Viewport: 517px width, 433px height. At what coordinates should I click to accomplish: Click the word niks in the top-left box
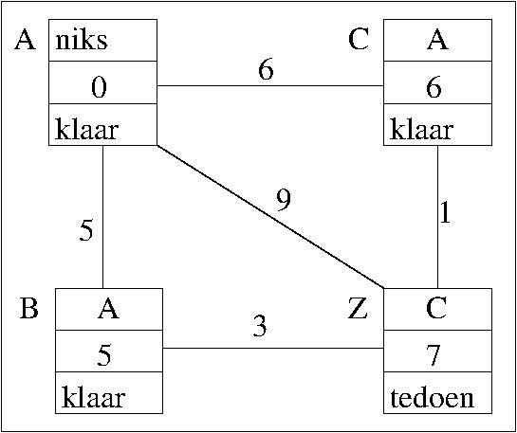click(x=82, y=41)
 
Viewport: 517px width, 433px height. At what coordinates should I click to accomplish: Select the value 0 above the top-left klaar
click(x=100, y=88)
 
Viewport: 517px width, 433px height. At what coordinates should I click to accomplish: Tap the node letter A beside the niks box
click(x=25, y=41)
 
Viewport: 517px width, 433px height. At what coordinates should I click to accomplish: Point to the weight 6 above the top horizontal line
click(x=266, y=70)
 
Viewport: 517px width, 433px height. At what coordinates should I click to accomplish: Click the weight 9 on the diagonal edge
click(x=284, y=201)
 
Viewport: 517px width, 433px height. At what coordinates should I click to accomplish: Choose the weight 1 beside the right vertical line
click(x=445, y=213)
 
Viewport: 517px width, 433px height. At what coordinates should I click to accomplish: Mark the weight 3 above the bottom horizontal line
click(x=260, y=327)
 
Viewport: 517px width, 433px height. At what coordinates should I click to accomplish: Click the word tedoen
click(x=433, y=399)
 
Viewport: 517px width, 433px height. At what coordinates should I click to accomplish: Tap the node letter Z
click(x=358, y=310)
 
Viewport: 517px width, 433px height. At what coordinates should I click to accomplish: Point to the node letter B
click(x=28, y=310)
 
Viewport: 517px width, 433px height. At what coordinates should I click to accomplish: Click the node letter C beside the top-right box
click(x=359, y=41)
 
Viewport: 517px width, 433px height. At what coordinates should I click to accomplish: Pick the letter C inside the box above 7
click(x=435, y=310)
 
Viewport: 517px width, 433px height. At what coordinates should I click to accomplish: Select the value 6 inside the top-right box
click(x=434, y=88)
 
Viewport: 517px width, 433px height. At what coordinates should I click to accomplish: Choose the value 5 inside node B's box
click(x=104, y=357)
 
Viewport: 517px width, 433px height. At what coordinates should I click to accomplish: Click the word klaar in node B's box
click(x=93, y=399)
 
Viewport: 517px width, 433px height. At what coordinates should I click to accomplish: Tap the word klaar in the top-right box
click(x=422, y=131)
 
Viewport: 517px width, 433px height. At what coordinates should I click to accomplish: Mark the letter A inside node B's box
click(x=108, y=310)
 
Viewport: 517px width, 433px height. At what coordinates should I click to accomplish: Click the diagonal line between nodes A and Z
click(x=270, y=217)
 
